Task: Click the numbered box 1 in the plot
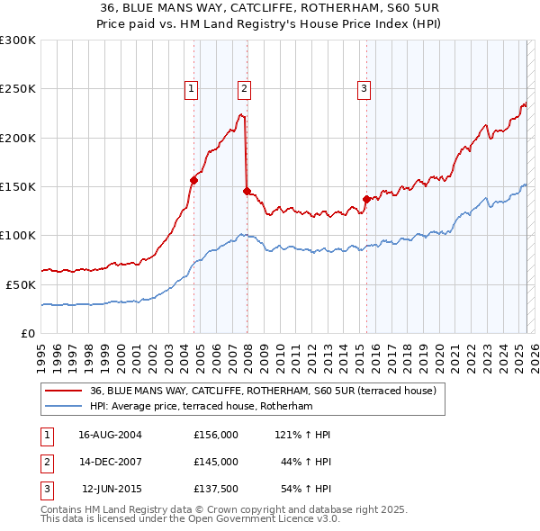(x=193, y=88)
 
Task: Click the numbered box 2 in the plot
(x=245, y=88)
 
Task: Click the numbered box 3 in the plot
(x=364, y=88)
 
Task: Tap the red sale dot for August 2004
(x=193, y=180)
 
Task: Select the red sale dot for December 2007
(x=247, y=191)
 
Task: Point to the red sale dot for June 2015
(x=366, y=199)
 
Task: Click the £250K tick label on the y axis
(x=17, y=89)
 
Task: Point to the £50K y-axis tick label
(x=20, y=284)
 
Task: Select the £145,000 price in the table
(x=216, y=462)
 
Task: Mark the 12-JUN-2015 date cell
(x=112, y=489)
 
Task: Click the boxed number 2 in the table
(x=46, y=462)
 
